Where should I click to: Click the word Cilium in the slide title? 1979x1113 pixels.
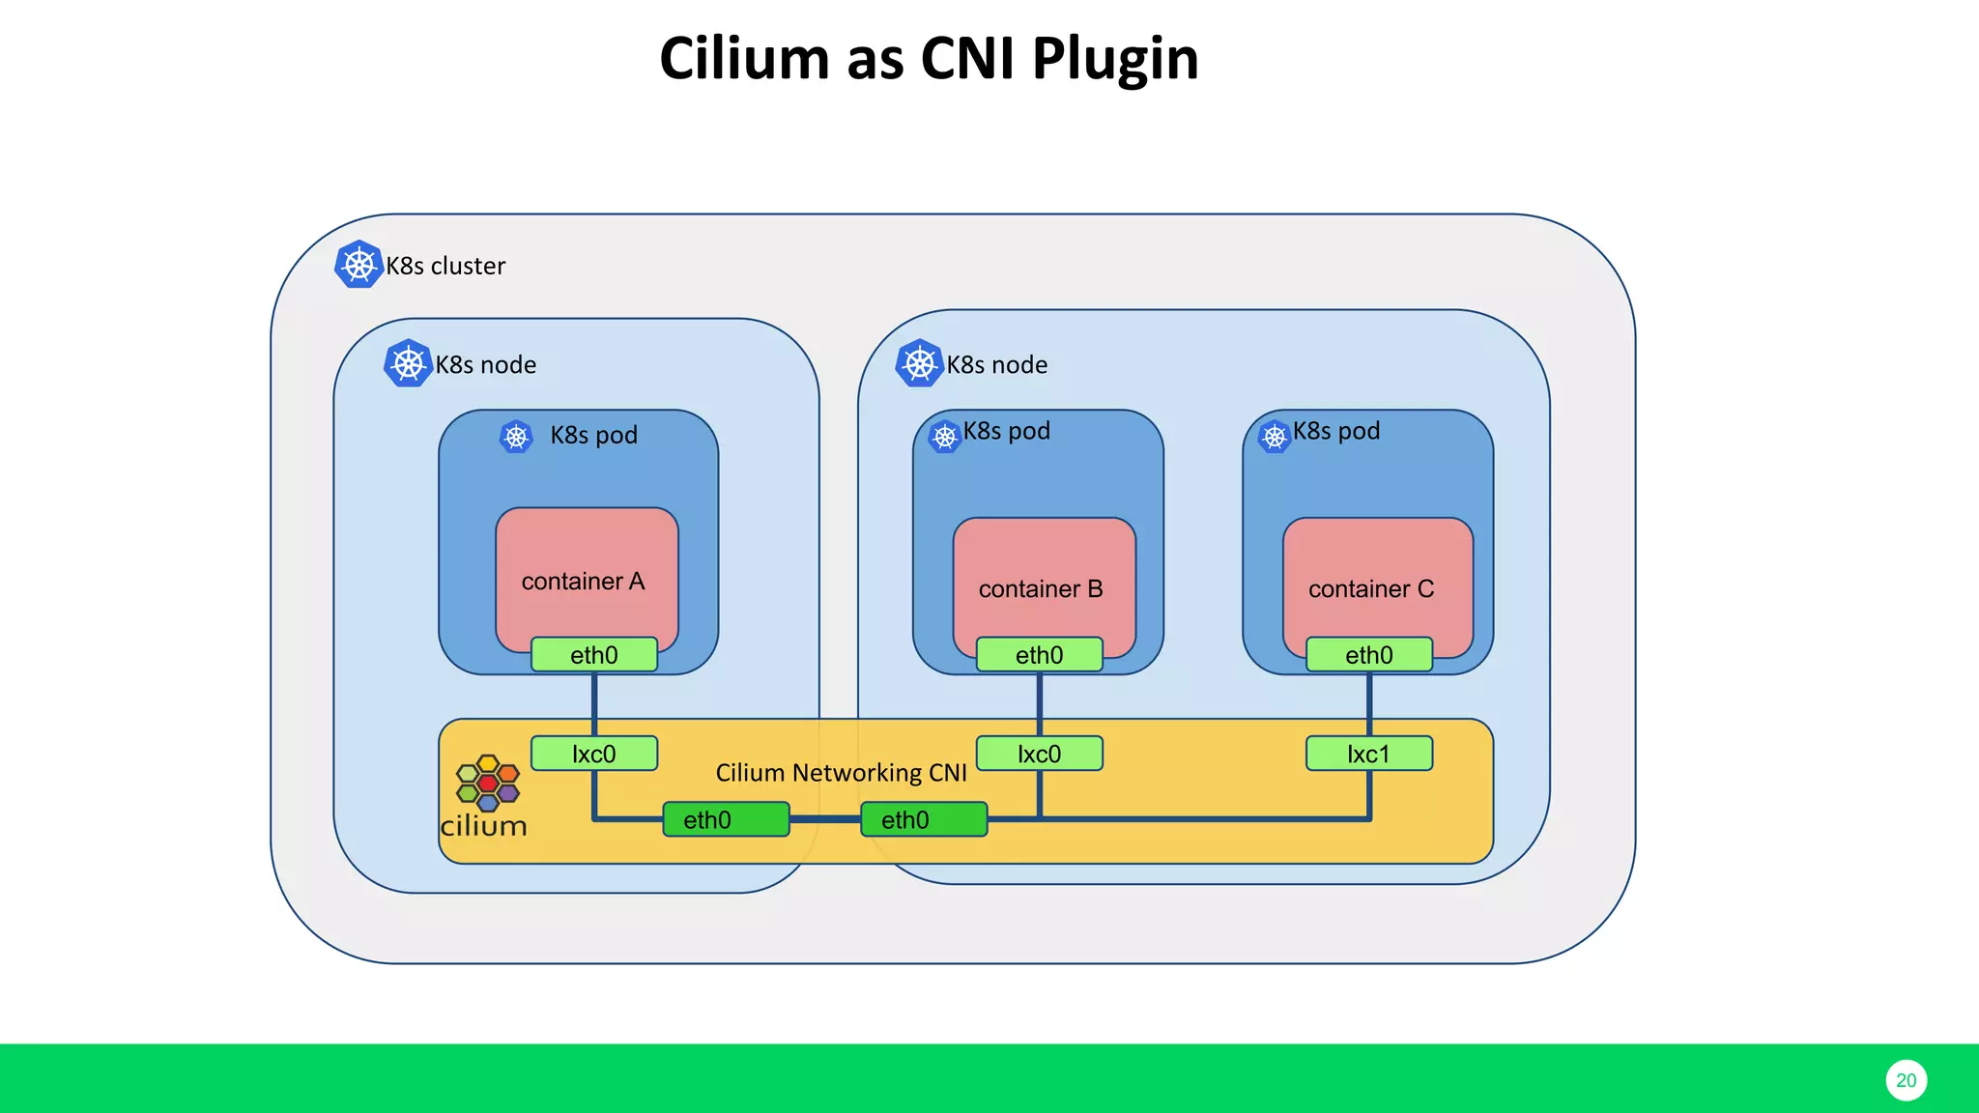click(x=745, y=58)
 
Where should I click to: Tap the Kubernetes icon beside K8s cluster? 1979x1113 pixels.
click(x=359, y=264)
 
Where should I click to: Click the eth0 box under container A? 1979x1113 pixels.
click(x=593, y=655)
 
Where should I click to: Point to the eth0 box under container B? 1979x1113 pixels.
click(x=1039, y=655)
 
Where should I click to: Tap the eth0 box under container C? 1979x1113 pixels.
click(x=1368, y=655)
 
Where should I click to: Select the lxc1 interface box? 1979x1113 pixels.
click(x=1368, y=754)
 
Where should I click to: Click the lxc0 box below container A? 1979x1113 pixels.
click(x=593, y=754)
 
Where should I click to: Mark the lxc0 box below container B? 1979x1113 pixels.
click(x=1039, y=754)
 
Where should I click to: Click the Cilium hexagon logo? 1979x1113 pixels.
click(x=488, y=783)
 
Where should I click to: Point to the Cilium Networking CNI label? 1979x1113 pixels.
click(x=841, y=773)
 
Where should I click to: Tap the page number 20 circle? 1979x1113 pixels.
click(x=1906, y=1080)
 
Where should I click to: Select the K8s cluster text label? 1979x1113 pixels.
click(x=445, y=266)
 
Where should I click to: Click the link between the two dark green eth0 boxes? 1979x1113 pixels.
click(x=824, y=819)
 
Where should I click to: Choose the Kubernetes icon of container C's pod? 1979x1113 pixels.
click(x=1275, y=437)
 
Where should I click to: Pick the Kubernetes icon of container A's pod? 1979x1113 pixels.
click(x=516, y=437)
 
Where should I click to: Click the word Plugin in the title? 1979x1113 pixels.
click(x=1115, y=58)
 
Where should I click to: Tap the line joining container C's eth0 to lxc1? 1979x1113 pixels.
click(x=1369, y=704)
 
